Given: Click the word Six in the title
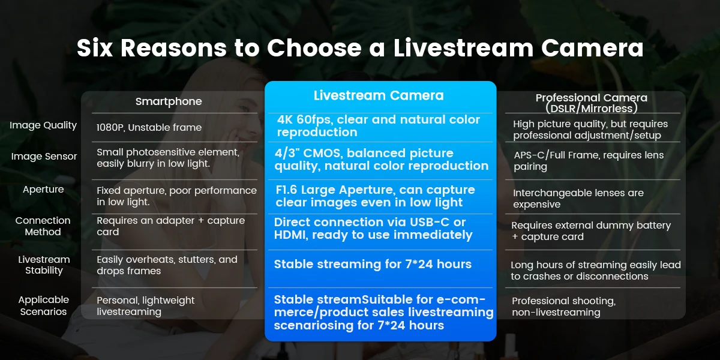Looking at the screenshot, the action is pyautogui.click(x=95, y=48).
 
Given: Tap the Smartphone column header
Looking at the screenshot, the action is pyautogui.click(x=169, y=101).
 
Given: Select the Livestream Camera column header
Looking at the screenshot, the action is pyautogui.click(x=379, y=95).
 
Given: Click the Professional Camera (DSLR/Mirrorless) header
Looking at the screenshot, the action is pyautogui.click(x=592, y=103).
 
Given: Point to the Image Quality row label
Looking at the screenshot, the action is pyautogui.click(x=43, y=125).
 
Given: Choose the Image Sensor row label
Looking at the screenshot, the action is pyautogui.click(x=44, y=157).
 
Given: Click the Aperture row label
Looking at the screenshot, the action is pyautogui.click(x=43, y=190).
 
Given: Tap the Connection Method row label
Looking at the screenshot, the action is pyautogui.click(x=43, y=226).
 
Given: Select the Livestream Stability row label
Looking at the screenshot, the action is pyautogui.click(x=44, y=265).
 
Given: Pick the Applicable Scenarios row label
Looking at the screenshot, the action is pyautogui.click(x=43, y=305).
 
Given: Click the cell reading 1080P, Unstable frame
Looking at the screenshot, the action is pyautogui.click(x=149, y=128).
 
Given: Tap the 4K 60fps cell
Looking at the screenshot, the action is pyautogui.click(x=379, y=125).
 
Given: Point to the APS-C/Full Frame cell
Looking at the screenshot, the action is pyautogui.click(x=589, y=161).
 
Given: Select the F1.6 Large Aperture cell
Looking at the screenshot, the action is pyautogui.click(x=375, y=196).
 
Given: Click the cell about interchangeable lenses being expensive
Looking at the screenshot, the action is pyautogui.click(x=578, y=199).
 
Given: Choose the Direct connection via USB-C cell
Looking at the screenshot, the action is pyautogui.click(x=373, y=229).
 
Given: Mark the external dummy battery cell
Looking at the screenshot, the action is pyautogui.click(x=591, y=231).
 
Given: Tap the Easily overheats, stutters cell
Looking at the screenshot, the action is pyautogui.click(x=167, y=265).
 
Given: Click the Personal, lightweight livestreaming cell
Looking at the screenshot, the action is pyautogui.click(x=145, y=306).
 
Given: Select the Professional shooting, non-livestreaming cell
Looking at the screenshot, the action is pyautogui.click(x=564, y=307).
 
